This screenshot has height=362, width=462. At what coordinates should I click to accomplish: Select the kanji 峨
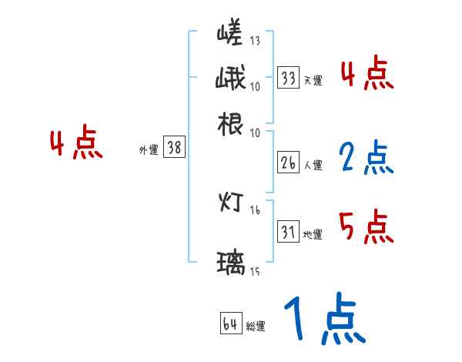tap(231, 79)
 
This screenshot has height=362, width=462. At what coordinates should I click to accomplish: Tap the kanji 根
tap(231, 123)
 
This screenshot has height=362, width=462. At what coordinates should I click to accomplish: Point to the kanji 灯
tap(231, 203)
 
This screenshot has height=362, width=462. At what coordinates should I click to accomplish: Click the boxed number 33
tap(289, 78)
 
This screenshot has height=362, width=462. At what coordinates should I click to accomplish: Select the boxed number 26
tap(289, 163)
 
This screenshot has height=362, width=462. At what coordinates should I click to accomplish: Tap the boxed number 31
tap(289, 232)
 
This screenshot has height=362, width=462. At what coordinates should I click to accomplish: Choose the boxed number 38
tap(175, 148)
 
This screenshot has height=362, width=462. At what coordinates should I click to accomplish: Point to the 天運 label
tap(313, 80)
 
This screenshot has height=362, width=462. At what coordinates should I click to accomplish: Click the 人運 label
tap(313, 165)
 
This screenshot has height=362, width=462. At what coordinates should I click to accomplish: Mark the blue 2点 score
tap(366, 158)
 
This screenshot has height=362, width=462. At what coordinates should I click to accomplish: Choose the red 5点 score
tap(366, 227)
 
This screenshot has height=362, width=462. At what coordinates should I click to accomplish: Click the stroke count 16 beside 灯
tap(255, 209)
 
